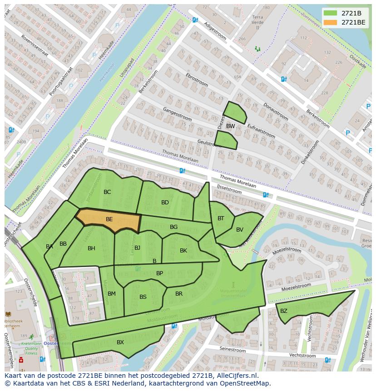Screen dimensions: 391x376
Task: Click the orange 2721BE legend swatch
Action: [x=331, y=22]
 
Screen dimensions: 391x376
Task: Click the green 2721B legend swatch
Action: [x=331, y=13]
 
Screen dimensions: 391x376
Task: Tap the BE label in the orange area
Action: [x=109, y=219]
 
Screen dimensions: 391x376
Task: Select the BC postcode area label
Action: [x=107, y=192]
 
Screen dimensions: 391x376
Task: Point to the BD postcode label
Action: [x=165, y=203]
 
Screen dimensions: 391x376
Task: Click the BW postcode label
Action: [x=231, y=126]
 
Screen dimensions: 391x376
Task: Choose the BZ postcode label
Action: [x=284, y=311]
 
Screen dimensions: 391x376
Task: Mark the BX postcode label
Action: [x=120, y=342]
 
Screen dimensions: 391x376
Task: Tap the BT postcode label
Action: [x=221, y=218]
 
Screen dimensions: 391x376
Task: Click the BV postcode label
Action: [x=240, y=230]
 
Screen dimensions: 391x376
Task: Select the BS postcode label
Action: [x=143, y=297]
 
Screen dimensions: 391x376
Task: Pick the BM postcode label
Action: [x=112, y=294]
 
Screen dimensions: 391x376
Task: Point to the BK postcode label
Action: [x=183, y=251]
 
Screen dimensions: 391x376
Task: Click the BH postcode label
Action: [x=91, y=248]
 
